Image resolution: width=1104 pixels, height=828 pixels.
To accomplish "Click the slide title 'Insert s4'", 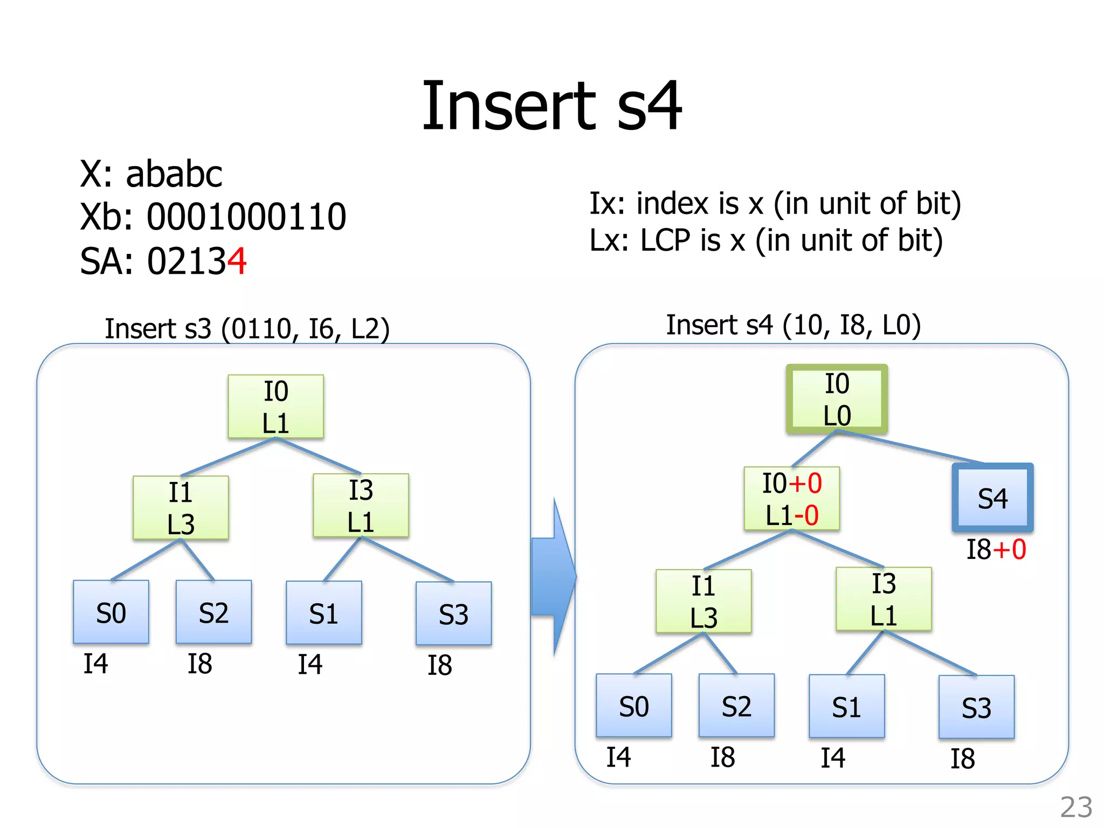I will (551, 106).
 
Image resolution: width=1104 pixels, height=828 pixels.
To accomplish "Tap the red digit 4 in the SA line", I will (237, 261).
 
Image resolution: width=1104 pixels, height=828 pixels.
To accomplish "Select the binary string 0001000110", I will (246, 217).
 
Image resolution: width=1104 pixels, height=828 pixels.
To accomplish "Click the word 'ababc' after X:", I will (174, 174).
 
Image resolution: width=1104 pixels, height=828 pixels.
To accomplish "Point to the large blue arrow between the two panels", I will (554, 577).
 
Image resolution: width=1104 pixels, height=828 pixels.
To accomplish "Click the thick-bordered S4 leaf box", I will (992, 498).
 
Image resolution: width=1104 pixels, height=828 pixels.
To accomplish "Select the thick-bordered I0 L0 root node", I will (837, 399).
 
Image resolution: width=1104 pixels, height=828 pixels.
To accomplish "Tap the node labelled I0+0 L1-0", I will (791, 499).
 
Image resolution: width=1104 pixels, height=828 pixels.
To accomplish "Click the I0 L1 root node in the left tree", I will (275, 406).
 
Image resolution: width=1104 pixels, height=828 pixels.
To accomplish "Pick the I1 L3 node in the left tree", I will (181, 508).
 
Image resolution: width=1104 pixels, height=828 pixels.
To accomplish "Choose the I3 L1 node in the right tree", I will (884, 599).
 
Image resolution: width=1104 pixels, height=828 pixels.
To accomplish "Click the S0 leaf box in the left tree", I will (111, 612).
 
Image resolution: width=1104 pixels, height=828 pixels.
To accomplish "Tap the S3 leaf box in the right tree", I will (976, 707).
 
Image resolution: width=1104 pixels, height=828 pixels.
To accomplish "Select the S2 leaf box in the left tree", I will (213, 612).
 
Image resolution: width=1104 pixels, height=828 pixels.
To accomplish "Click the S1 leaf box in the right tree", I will (846, 706).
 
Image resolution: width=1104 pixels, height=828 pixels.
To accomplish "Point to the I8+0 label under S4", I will (996, 550).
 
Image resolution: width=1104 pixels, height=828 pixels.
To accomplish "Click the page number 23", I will (1076, 808).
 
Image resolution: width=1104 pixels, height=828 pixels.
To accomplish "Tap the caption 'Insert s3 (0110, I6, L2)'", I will (247, 328).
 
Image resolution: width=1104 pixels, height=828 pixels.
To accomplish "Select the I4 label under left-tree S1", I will (310, 664).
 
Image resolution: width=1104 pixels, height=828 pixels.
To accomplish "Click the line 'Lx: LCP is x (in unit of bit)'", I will (766, 240).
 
